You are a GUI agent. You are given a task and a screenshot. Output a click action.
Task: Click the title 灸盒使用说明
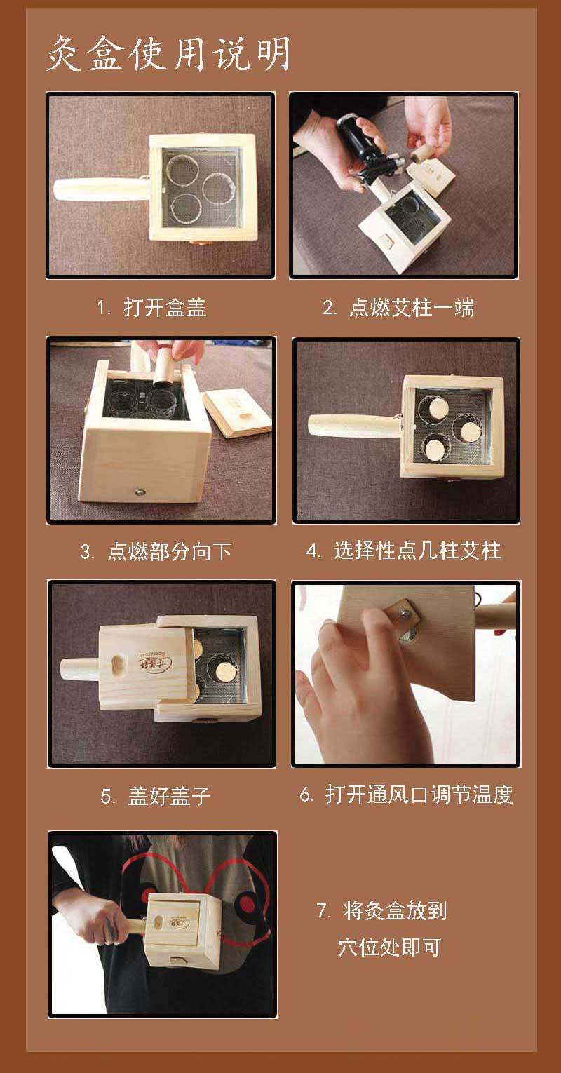168,54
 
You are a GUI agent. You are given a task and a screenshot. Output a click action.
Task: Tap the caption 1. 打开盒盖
151,308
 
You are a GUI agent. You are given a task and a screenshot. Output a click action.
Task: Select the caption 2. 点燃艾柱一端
398,308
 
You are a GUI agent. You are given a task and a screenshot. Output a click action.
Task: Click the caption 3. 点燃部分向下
156,551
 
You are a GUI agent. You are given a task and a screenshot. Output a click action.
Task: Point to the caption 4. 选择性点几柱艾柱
403,551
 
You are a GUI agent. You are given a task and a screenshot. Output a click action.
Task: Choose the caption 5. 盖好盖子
155,796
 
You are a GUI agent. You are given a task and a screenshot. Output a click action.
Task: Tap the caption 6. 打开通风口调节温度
406,794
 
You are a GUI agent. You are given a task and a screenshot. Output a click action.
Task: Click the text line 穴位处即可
389,947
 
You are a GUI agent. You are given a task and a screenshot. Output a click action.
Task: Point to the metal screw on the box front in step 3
140,491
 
